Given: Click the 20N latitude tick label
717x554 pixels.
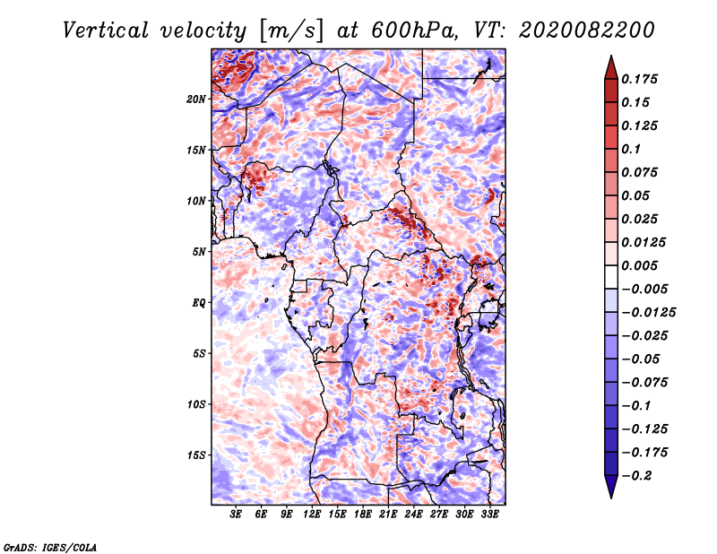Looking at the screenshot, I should pyautogui.click(x=196, y=99).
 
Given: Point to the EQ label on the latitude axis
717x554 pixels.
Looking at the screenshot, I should pyautogui.click(x=198, y=303).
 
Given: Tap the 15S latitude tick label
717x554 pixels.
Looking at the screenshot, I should pyautogui.click(x=196, y=455).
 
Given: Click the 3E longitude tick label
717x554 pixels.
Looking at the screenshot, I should pyautogui.click(x=237, y=515).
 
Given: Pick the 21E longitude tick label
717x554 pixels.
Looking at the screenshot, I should pyautogui.click(x=388, y=515).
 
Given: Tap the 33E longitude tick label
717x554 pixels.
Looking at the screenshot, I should pyautogui.click(x=489, y=515).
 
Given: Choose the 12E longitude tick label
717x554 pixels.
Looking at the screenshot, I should pyautogui.click(x=312, y=515).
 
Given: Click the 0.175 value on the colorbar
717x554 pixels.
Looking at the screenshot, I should pyautogui.click(x=641, y=79).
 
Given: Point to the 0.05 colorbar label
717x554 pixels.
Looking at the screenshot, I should pyautogui.click(x=636, y=195).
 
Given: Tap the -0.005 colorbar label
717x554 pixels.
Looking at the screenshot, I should pyautogui.click(x=647, y=289).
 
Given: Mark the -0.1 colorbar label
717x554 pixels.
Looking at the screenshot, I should pyautogui.click(x=641, y=405).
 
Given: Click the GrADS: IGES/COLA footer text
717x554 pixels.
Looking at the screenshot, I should pyautogui.click(x=50, y=546).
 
